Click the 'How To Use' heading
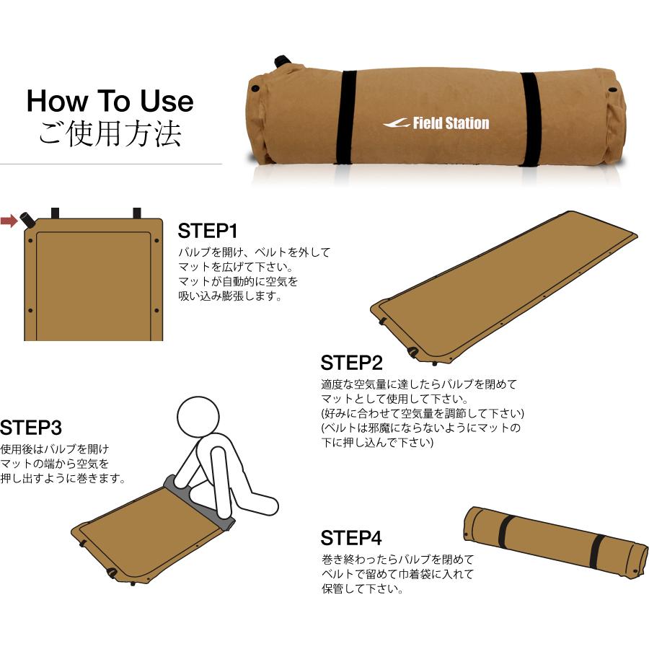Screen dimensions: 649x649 click(x=110, y=101)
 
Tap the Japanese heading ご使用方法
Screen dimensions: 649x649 click(x=110, y=134)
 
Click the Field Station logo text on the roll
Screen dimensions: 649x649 click(x=451, y=123)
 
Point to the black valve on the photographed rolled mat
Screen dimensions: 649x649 click(x=282, y=62)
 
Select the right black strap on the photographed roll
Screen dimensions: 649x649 click(x=529, y=120)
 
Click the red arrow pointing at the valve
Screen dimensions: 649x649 click(x=9, y=221)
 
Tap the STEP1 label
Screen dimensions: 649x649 click(x=208, y=231)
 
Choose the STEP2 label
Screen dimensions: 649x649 click(x=351, y=363)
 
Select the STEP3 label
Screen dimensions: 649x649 click(x=30, y=428)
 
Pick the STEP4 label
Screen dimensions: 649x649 click(x=351, y=538)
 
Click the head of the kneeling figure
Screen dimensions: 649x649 click(x=198, y=416)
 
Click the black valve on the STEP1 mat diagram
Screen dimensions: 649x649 click(x=29, y=220)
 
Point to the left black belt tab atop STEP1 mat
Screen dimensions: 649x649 click(x=55, y=213)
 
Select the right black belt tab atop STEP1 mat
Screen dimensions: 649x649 click(x=137, y=213)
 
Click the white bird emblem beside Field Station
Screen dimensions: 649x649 click(x=396, y=123)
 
